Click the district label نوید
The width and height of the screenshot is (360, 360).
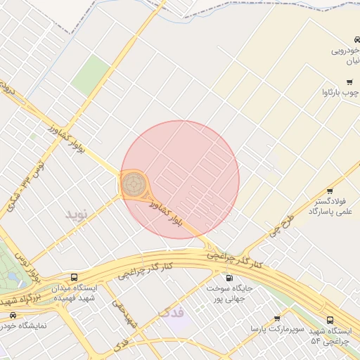[79, 213]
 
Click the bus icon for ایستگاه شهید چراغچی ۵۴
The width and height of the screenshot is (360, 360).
[330, 320]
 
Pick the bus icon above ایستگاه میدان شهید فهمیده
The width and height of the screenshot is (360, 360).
[75, 277]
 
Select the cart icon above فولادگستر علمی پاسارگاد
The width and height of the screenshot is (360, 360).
[329, 191]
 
